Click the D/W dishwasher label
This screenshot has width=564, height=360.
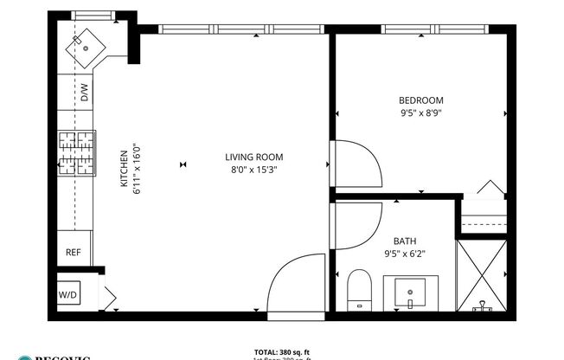click(85, 93)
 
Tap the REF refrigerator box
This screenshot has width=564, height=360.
click(73, 253)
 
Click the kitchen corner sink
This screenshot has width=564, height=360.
click(87, 42)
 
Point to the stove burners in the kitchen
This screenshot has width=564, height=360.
click(76, 153)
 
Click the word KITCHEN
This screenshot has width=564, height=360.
click(124, 166)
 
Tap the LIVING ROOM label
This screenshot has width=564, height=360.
click(253, 157)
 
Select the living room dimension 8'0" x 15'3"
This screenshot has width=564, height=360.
click(253, 170)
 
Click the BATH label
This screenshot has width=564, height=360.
click(405, 241)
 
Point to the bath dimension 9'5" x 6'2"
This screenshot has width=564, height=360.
click(405, 254)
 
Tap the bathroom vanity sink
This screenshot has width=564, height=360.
click(409, 292)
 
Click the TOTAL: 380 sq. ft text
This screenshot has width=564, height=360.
click(282, 352)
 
